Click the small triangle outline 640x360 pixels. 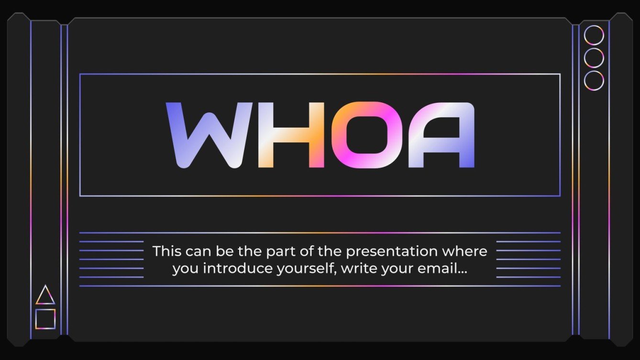(x=45, y=304)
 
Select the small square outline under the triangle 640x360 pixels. (x=45, y=309)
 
